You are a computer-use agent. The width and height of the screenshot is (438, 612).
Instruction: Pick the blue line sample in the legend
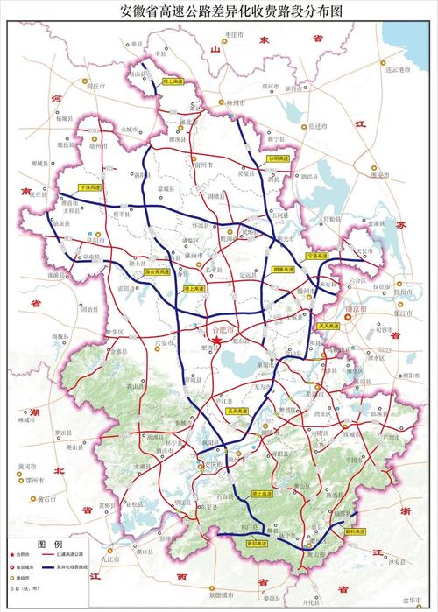click(x=69, y=567)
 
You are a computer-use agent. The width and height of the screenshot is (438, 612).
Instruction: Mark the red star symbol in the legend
click(x=12, y=554)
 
